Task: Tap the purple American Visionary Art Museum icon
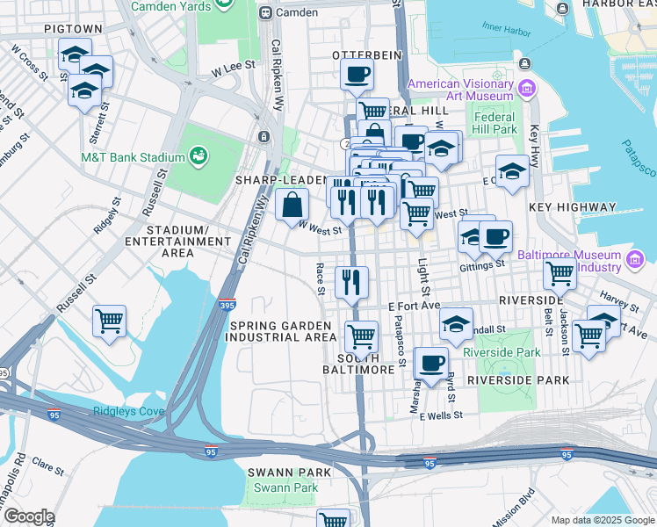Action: (x=527, y=88)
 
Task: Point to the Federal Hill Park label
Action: (x=495, y=123)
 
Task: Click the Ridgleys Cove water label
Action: (x=130, y=411)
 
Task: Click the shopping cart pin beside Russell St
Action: (x=109, y=321)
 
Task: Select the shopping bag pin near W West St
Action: (x=292, y=206)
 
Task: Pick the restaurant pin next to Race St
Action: (x=351, y=282)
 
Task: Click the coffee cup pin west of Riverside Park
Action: (x=430, y=363)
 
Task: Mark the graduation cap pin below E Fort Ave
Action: (x=456, y=323)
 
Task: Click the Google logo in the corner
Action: (x=28, y=516)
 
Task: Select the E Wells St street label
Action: (x=441, y=415)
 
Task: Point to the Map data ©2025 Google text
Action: (x=601, y=520)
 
